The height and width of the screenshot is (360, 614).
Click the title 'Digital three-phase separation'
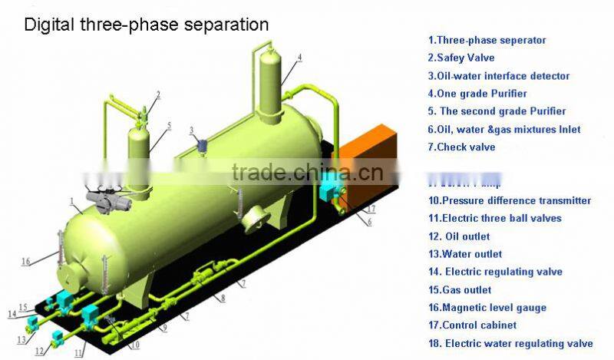coord(147,25)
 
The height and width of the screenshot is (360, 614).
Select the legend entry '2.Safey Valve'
coord(460,58)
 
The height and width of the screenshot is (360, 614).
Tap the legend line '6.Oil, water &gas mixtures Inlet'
coord(503,129)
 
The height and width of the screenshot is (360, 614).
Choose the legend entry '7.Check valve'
coord(461,147)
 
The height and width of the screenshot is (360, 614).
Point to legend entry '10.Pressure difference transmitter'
coord(510,200)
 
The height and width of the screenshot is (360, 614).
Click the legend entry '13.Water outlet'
coord(465,254)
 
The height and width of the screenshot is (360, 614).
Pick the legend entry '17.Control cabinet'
coord(471,325)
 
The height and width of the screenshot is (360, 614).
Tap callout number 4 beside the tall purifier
coord(299,57)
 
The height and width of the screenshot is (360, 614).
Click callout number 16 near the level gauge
coord(26,262)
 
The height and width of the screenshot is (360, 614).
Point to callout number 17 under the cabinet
coord(371,208)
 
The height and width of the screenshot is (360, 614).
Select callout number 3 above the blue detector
coord(193,130)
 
